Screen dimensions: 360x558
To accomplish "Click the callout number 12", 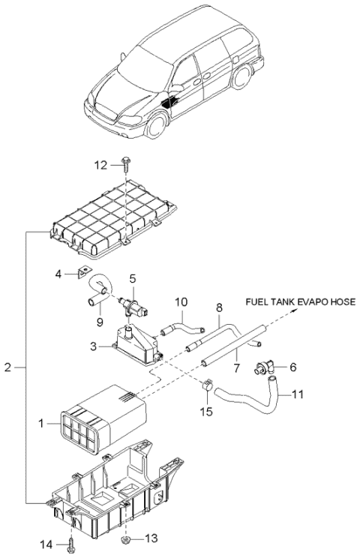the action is pyautogui.click(x=100, y=165).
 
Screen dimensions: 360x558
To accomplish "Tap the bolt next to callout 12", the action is pyautogui.click(x=125, y=163).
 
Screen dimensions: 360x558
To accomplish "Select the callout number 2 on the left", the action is pyautogui.click(x=8, y=367).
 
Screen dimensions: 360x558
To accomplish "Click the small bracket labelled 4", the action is pyautogui.click(x=83, y=273).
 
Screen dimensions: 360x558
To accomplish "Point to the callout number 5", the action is pyautogui.click(x=132, y=279).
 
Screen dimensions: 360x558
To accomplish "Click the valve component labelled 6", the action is pyautogui.click(x=263, y=367).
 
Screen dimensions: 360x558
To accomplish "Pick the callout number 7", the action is pyautogui.click(x=237, y=368).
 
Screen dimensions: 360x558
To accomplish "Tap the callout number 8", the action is pyautogui.click(x=219, y=307).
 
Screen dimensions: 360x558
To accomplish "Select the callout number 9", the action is pyautogui.click(x=100, y=322).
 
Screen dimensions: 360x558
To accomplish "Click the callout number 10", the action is pyautogui.click(x=181, y=302).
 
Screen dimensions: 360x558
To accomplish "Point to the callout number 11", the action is pyautogui.click(x=297, y=394).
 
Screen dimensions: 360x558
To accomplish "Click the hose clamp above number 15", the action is pyautogui.click(x=208, y=385).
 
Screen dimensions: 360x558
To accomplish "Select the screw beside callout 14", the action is pyautogui.click(x=72, y=544).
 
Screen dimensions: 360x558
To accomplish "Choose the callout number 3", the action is pyautogui.click(x=93, y=346).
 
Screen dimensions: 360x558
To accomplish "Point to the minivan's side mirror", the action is pyautogui.click(x=177, y=88).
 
